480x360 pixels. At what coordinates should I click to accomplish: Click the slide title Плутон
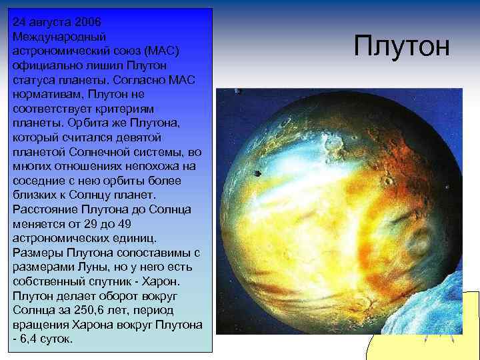pos(402,47)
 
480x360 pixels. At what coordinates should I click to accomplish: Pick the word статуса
pos(33,80)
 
